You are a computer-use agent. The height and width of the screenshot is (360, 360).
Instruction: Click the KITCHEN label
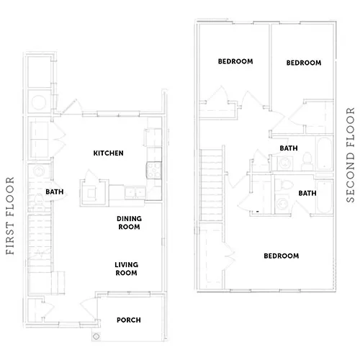[108, 153]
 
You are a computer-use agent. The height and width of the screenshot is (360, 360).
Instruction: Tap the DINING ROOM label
[129, 222]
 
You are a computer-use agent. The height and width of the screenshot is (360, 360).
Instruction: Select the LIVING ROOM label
[126, 269]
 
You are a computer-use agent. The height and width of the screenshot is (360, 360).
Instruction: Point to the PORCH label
[129, 320]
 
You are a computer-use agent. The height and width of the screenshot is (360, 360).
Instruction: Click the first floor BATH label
[55, 192]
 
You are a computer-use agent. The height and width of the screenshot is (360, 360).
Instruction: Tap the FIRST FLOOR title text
[10, 216]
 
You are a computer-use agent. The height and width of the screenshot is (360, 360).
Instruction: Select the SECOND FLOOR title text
[351, 155]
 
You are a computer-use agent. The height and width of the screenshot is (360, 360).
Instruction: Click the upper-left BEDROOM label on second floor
[235, 61]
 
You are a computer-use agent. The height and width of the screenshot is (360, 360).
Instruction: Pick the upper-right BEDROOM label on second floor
[304, 63]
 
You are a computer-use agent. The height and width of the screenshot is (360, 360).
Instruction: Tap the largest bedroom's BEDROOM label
[282, 256]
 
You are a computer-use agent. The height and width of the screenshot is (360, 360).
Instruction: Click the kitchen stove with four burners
[154, 171]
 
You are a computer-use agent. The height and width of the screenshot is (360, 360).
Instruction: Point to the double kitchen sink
[135, 192]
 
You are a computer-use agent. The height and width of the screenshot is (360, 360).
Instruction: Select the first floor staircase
[40, 240]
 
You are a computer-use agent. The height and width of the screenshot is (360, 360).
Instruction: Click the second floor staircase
[212, 185]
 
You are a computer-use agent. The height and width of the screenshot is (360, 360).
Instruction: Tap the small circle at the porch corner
[96, 336]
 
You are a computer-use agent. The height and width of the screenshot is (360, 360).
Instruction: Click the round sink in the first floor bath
[38, 171]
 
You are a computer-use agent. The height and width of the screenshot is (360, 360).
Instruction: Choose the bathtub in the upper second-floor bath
[325, 153]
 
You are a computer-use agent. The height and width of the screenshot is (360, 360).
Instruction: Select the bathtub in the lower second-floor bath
[325, 197]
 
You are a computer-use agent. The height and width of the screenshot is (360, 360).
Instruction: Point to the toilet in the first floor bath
[39, 201]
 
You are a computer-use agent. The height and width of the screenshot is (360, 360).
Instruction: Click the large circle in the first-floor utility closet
[39, 102]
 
